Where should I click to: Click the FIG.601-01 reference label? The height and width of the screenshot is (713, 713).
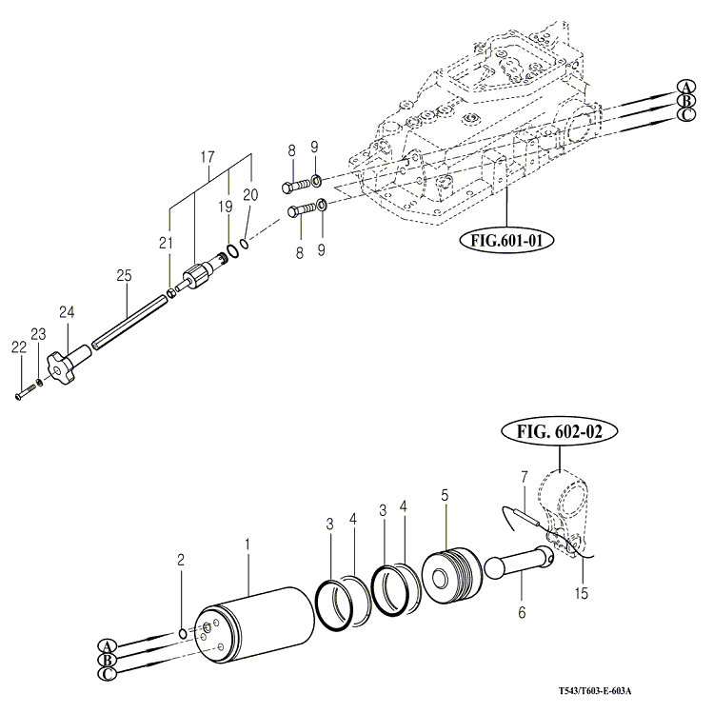pos(505,240)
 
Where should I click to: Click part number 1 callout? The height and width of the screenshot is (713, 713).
pos(248,545)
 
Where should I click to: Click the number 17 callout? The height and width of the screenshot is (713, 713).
pos(208,156)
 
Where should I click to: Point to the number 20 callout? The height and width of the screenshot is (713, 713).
pos(250,194)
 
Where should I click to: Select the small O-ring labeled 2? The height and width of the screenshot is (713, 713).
pos(182,633)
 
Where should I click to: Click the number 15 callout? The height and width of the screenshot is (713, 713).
pos(582,593)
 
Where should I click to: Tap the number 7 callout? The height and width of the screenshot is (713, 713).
pos(523,476)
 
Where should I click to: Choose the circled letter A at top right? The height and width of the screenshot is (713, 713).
pos(684,86)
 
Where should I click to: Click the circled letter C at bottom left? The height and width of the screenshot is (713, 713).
pos(107,673)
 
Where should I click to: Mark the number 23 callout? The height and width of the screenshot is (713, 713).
pos(38,333)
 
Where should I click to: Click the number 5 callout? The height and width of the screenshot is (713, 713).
pos(444,495)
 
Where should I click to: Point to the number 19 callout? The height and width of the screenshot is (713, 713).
pos(226,205)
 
